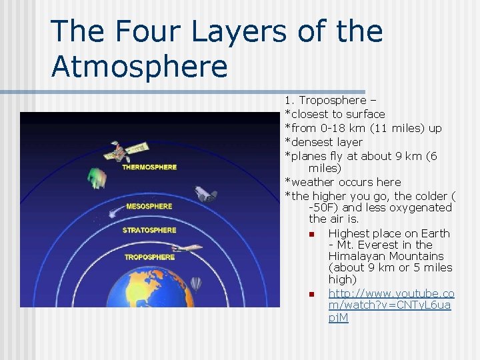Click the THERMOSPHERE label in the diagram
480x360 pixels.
pyautogui.click(x=149, y=167)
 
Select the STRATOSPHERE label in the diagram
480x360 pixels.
pyautogui.click(x=149, y=231)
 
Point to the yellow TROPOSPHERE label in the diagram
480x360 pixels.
pyautogui.click(x=149, y=257)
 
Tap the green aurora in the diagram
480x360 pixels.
pyautogui.click(x=97, y=178)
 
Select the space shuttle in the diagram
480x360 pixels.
pyautogui.click(x=205, y=194)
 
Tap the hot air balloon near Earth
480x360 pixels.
pyautogui.click(x=195, y=283)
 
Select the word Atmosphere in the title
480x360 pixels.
pyautogui.click(x=139, y=66)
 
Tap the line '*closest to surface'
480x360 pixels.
pyautogui.click(x=335, y=114)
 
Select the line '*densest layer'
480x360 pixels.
pyautogui.click(x=324, y=142)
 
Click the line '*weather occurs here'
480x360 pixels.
pyautogui.click(x=343, y=182)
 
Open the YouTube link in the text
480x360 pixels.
pyautogui.click(x=391, y=305)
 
